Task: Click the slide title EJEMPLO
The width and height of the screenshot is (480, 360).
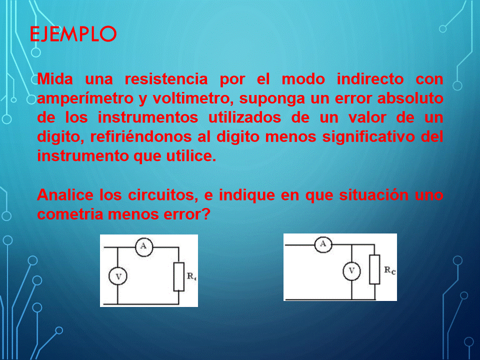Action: (73, 33)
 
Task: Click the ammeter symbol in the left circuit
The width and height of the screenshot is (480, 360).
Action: (144, 246)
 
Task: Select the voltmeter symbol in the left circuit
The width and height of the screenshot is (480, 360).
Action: (118, 276)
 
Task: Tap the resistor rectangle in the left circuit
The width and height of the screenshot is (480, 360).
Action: (179, 276)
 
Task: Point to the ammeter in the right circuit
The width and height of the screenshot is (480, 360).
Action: (323, 244)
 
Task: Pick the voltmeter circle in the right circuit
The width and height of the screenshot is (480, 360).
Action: (351, 271)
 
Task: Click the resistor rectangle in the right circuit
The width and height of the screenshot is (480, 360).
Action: (374, 269)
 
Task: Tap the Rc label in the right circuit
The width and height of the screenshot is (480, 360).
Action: (389, 270)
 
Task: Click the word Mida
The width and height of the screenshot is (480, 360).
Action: (55, 79)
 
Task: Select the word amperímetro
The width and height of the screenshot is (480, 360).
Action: (85, 98)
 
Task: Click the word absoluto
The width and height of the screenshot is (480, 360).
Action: (410, 98)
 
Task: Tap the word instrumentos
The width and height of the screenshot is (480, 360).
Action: (148, 117)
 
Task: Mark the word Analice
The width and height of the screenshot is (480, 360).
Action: (65, 194)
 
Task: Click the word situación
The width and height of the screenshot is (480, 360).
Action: (374, 194)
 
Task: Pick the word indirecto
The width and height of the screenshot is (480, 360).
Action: (370, 79)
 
